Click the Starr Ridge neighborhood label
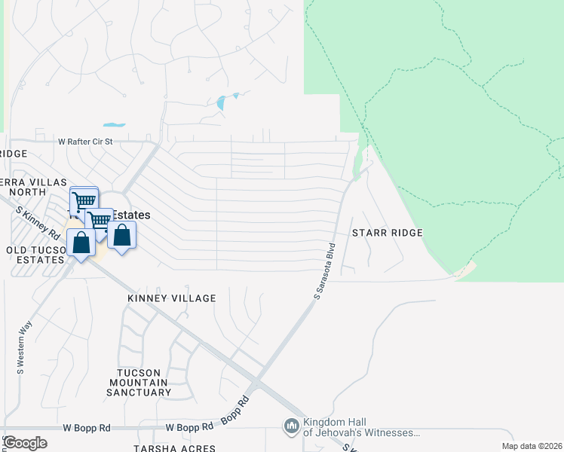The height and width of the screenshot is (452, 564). pyautogui.click(x=388, y=234)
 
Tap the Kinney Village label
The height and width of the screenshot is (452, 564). pyautogui.click(x=171, y=298)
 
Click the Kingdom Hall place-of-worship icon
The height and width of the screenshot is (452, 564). pyautogui.click(x=292, y=427)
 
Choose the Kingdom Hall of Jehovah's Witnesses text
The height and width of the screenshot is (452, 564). pyautogui.click(x=360, y=427)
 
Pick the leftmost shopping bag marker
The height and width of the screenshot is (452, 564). pyautogui.click(x=81, y=243)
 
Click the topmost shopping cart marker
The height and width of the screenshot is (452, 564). pyautogui.click(x=84, y=200)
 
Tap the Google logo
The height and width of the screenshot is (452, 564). pyautogui.click(x=25, y=442)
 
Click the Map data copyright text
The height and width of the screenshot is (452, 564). pyautogui.click(x=531, y=447)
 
